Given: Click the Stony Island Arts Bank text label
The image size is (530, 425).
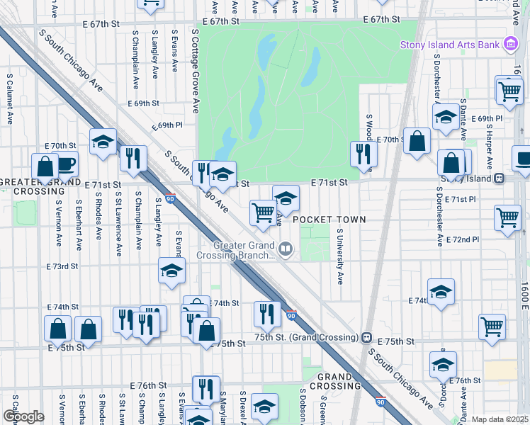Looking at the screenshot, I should point(450,45).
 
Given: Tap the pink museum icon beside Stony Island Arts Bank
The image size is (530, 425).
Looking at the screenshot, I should point(509,45).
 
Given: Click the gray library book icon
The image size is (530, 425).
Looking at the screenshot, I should point(286,249).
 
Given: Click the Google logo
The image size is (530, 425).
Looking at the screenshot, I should point(23,416).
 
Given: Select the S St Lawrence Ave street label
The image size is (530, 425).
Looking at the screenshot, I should point(118,219).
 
